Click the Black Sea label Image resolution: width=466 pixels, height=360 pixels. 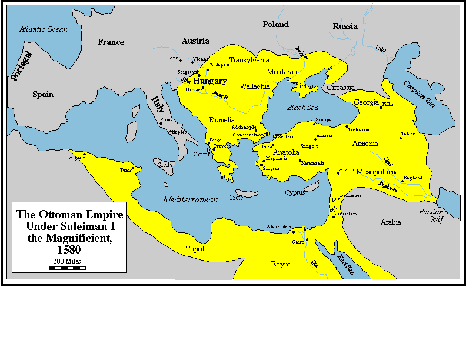coord(302,108)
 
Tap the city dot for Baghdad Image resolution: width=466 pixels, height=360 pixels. coord(402,181)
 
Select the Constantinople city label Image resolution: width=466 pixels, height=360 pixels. coord(251,135)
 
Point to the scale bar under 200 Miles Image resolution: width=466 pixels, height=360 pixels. coord(67,268)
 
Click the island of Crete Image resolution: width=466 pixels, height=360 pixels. coord(248,192)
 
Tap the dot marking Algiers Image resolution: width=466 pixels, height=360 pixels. coord(84,154)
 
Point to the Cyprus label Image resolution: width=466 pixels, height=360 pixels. coord(295,192)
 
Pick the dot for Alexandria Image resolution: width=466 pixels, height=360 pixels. coord(293,232)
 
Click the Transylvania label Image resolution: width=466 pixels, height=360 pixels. coord(249,60)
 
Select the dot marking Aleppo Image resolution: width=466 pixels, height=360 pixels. coord(338,173)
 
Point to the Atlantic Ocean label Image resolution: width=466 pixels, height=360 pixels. coord(43,29)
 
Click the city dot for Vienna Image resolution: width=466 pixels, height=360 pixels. coord(192,61)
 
